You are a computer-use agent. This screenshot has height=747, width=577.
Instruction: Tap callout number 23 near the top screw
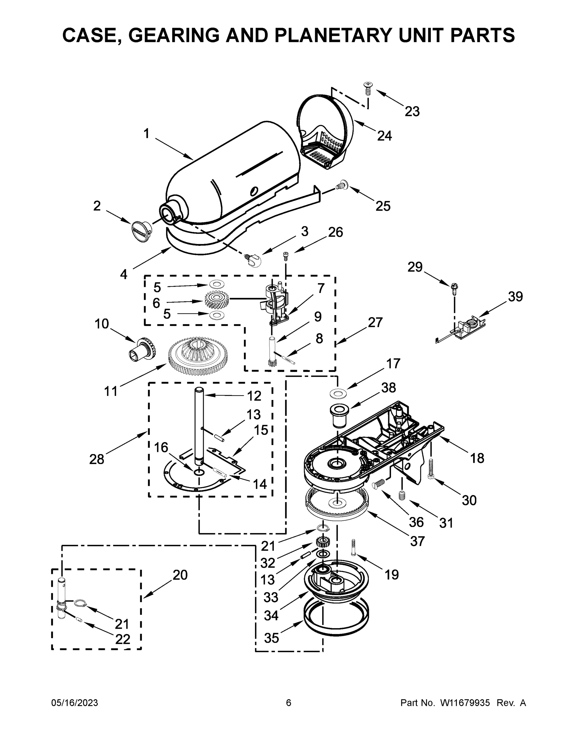click(412, 111)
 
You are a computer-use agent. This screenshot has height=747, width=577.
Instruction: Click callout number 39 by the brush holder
click(515, 296)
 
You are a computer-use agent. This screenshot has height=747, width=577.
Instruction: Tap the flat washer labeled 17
click(338, 393)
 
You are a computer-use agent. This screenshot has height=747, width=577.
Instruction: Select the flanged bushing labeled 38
click(338, 415)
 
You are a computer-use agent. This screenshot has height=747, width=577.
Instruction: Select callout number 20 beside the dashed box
click(180, 575)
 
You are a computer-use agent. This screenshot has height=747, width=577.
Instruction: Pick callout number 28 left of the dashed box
click(96, 459)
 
